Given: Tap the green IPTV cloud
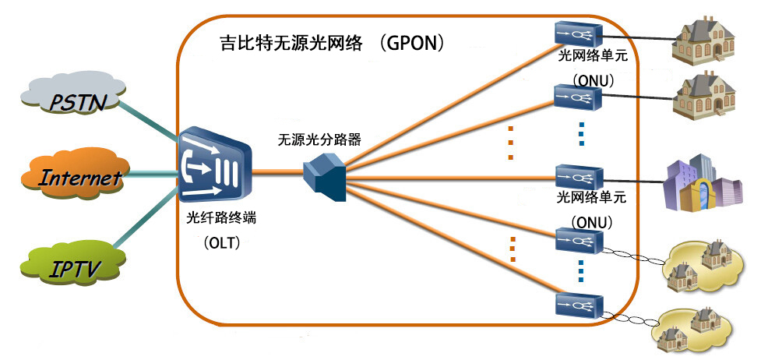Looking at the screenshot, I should pyautogui.click(x=72, y=270).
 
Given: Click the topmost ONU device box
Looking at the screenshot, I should pyautogui.click(x=577, y=34).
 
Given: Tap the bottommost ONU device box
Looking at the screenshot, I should pyautogui.click(x=577, y=305).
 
